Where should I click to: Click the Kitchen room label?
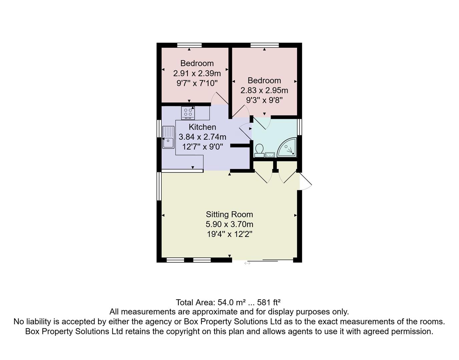tap(202, 127)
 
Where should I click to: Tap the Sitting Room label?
tap(229, 214)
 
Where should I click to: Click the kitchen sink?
tap(168, 137)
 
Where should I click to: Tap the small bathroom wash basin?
tap(270, 155)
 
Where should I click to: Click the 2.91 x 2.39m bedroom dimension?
tap(197, 73)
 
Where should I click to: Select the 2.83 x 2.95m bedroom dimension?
tap(264, 90)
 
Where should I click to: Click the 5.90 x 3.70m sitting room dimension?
tap(229, 224)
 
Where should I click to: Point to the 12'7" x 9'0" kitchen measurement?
tap(202, 147)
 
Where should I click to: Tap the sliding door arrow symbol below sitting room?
tap(247, 263)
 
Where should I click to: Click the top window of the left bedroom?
tap(189, 45)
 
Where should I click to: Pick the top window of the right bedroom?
tap(265, 45)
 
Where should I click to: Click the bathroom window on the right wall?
tap(300, 127)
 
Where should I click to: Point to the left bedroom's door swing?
tap(219, 99)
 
